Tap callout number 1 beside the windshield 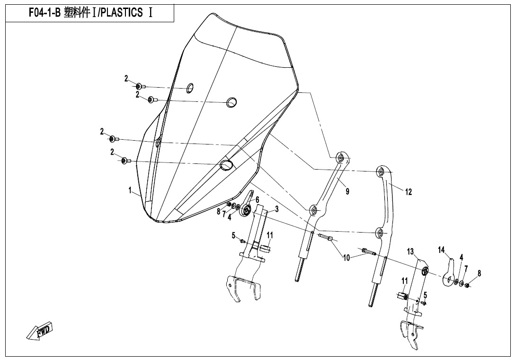(x=130, y=190)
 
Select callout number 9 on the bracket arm (x=347, y=191)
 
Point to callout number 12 (x=409, y=192)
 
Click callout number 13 (x=410, y=252)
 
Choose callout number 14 (x=441, y=250)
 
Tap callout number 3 (x=277, y=209)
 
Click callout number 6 (x=257, y=199)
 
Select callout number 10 (x=347, y=258)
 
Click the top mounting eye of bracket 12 (x=381, y=171)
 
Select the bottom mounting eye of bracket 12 (x=380, y=233)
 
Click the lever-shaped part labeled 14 (x=448, y=273)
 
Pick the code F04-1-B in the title (x=44, y=12)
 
